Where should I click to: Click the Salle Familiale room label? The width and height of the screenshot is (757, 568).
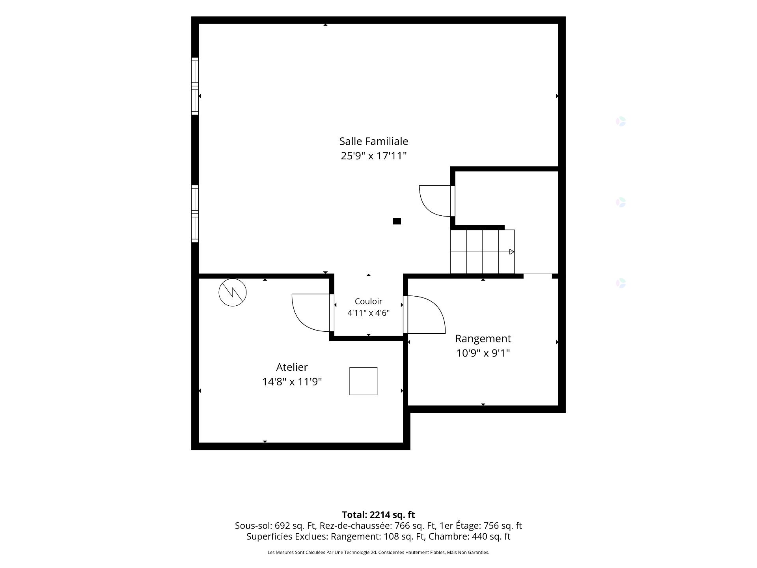click(374, 141)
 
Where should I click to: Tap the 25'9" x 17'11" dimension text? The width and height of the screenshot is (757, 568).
click(374, 156)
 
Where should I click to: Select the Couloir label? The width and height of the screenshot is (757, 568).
click(369, 301)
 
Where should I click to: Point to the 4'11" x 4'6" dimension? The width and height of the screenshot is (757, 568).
click(369, 313)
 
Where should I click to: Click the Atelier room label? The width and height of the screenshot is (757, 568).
click(292, 367)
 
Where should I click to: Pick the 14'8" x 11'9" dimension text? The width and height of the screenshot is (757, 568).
click(292, 382)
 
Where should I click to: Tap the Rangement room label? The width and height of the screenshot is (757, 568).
click(483, 338)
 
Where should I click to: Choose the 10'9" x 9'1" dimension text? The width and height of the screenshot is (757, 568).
click(483, 353)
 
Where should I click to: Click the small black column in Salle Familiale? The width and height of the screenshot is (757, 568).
click(397, 221)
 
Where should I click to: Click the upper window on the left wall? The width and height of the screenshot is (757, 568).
click(195, 86)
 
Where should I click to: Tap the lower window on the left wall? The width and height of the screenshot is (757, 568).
click(195, 213)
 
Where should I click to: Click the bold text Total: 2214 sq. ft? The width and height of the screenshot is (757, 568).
click(378, 515)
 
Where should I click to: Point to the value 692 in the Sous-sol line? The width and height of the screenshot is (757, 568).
click(282, 526)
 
